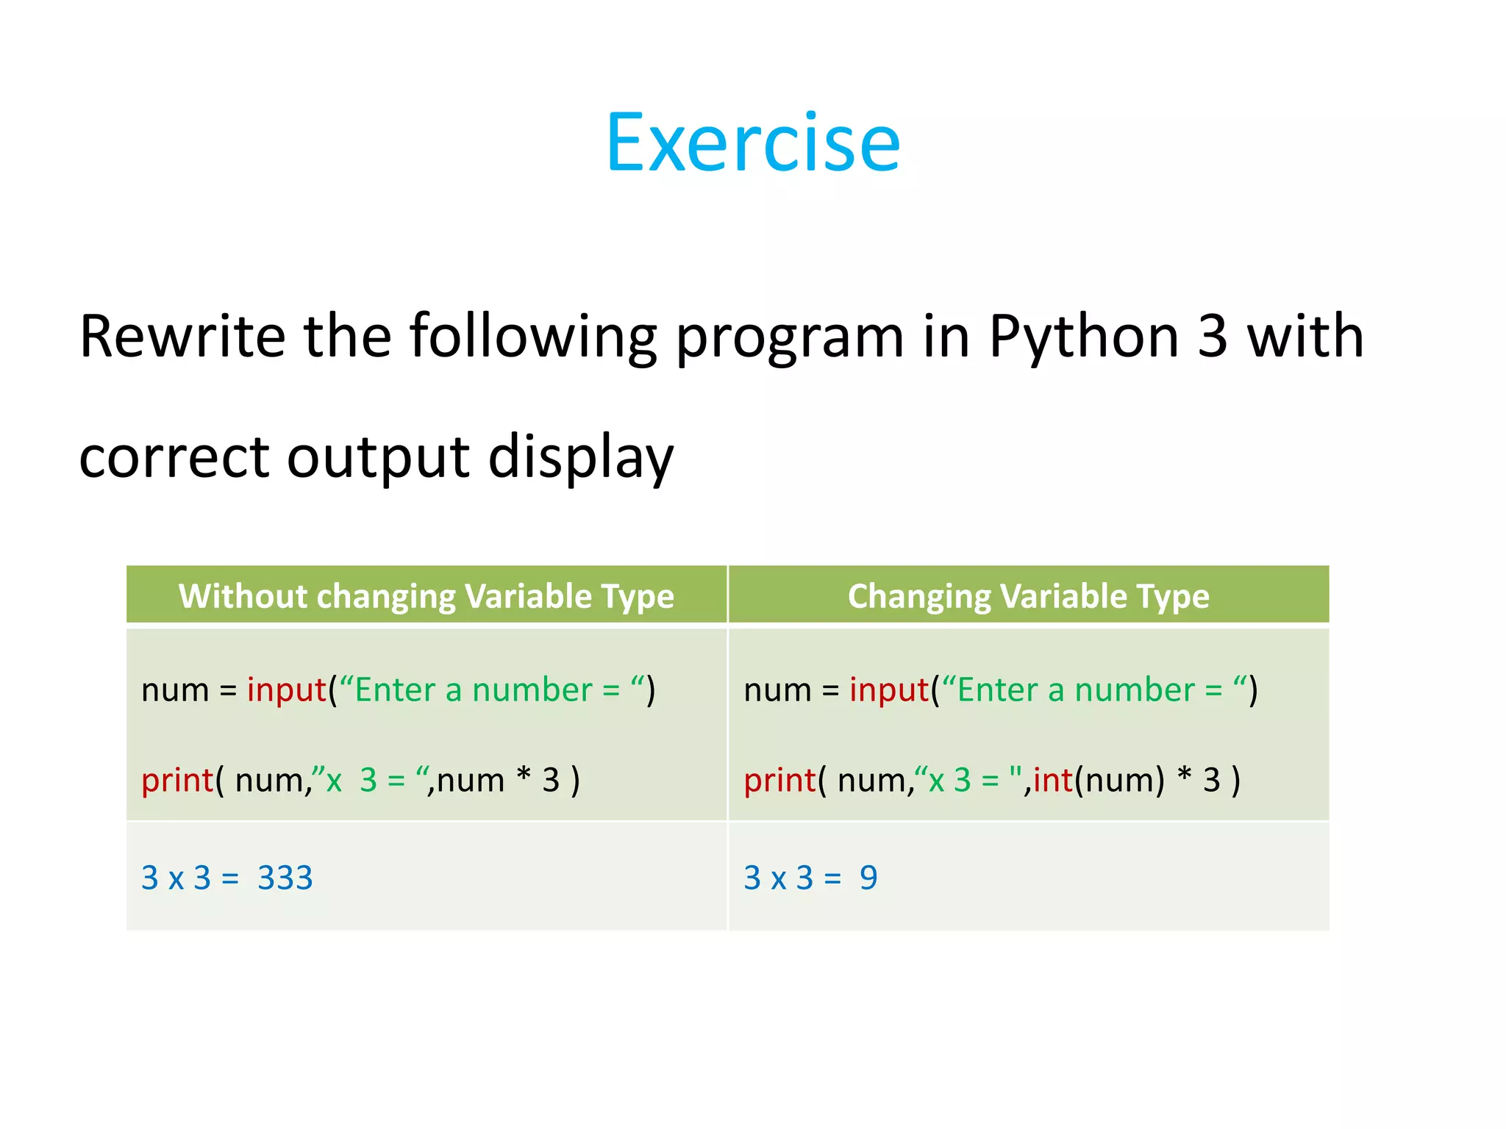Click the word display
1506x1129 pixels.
pyautogui.click(x=580, y=458)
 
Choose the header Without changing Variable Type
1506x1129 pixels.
pyautogui.click(x=426, y=595)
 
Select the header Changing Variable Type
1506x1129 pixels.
pyautogui.click(x=1028, y=595)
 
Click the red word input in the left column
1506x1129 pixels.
pyautogui.click(x=286, y=690)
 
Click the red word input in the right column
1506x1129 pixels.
pyautogui.click(x=888, y=690)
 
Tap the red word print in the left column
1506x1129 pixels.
pyautogui.click(x=176, y=781)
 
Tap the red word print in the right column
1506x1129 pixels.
pyautogui.click(x=779, y=781)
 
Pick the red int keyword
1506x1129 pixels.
pyautogui.click(x=1052, y=780)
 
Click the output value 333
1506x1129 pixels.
pyautogui.click(x=285, y=878)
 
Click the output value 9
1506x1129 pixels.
pyautogui.click(x=868, y=878)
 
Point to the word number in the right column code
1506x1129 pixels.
pyautogui.click(x=1135, y=690)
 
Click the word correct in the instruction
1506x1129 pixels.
pyautogui.click(x=174, y=458)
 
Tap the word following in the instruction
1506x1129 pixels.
pyautogui.click(x=532, y=338)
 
